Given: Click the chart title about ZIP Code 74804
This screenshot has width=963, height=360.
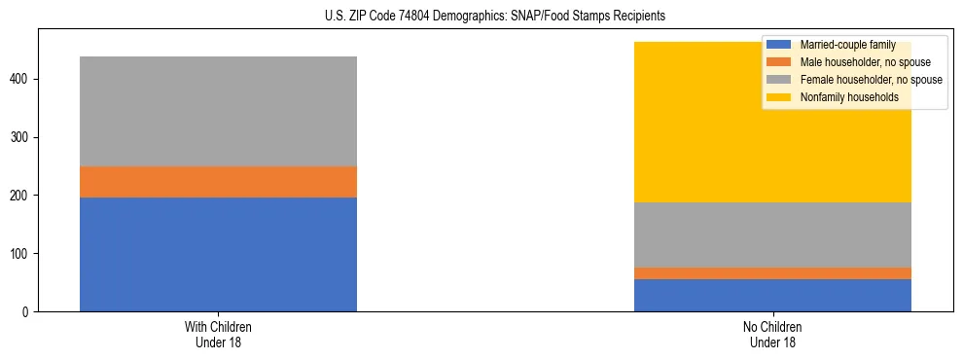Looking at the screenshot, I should click(x=481, y=17).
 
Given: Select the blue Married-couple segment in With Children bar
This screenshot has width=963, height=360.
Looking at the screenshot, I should click(x=218, y=254).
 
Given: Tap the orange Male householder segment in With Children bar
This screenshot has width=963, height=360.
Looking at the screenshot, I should click(x=218, y=182).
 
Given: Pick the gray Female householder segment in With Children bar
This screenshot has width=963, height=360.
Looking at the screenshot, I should click(x=218, y=111).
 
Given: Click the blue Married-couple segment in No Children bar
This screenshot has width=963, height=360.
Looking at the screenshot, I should click(x=772, y=295).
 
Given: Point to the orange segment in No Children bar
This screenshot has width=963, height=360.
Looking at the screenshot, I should click(x=772, y=273).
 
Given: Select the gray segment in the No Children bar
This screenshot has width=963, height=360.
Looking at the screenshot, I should click(x=772, y=234).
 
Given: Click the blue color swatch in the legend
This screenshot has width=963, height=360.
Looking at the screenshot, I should click(x=779, y=45).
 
